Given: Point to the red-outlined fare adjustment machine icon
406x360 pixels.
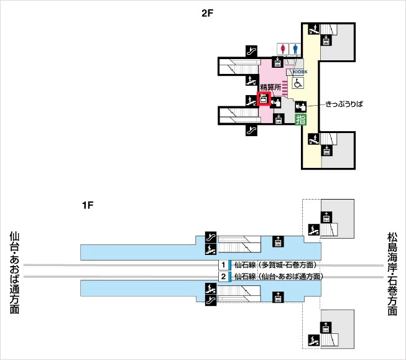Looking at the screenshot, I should point(264,99).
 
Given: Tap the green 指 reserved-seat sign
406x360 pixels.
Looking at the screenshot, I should point(300,119).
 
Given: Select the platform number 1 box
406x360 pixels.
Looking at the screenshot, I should point(222,265).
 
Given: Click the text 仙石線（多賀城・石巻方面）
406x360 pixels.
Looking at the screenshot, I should point(275,265).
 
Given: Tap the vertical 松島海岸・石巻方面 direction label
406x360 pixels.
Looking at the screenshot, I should point(392,274).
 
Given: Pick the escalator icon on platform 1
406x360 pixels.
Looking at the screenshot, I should point(210,238).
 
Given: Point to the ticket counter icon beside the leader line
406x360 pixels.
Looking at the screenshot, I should point(301,106).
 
